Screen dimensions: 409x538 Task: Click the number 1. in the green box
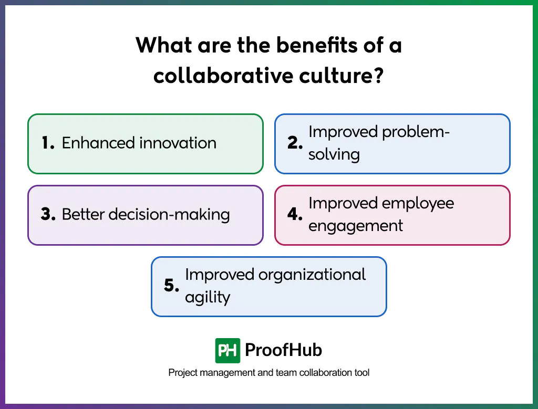[48, 143]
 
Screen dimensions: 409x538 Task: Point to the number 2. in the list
[295, 143]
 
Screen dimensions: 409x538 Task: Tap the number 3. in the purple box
[48, 215]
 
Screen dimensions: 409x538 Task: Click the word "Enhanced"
[95, 143]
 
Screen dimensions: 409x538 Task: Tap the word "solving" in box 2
[334, 154]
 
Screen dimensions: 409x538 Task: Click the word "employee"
[417, 204]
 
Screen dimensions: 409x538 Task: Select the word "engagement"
[356, 226]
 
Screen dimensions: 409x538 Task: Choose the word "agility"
[208, 297]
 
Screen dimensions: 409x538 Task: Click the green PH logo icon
[227, 350]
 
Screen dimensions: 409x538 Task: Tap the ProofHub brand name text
[283, 350]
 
